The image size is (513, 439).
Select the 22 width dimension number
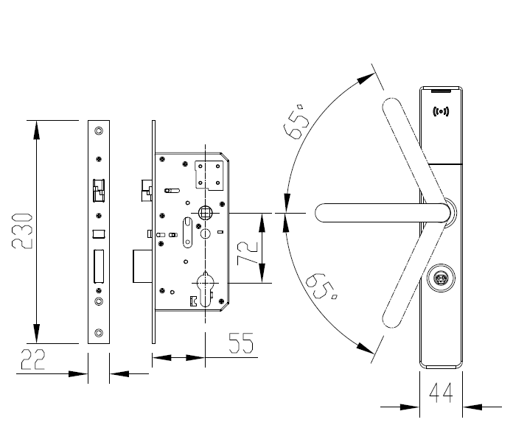[x=34, y=359]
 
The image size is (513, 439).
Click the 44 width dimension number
[x=440, y=393]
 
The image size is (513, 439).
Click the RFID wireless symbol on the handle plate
[x=441, y=112]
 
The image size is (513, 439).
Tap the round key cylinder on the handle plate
[x=440, y=278]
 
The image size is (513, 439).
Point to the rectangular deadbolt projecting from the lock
[x=142, y=266]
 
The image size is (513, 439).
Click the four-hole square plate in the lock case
[x=208, y=176]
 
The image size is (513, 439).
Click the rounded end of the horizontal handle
[x=321, y=212]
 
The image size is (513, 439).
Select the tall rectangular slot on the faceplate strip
[x=98, y=266]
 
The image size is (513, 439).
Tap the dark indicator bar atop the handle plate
[x=441, y=91]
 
